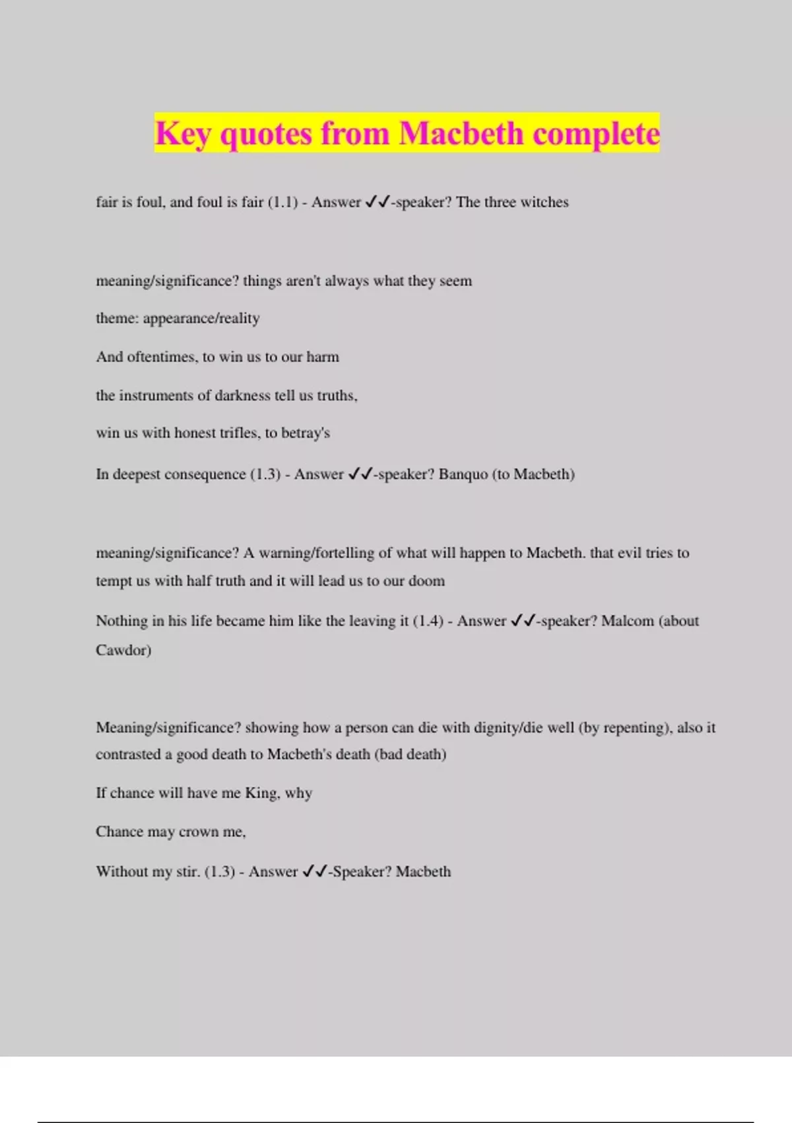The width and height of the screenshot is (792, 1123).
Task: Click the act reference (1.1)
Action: pyautogui.click(x=282, y=202)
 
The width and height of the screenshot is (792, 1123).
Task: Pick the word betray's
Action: pyautogui.click(x=306, y=433)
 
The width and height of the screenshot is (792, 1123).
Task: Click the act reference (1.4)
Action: pyautogui.click(x=428, y=621)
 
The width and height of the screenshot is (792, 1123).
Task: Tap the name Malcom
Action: pyautogui.click(x=627, y=621)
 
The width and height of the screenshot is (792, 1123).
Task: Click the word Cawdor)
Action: pyautogui.click(x=123, y=650)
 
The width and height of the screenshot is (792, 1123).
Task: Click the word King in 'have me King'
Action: pyautogui.click(x=261, y=793)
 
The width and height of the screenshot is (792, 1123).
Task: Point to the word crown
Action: pyautogui.click(x=200, y=832)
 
